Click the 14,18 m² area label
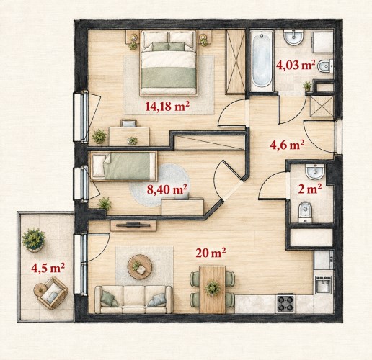coord(166,107)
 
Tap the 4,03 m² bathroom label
coord(296,65)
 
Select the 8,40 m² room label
coord(167,189)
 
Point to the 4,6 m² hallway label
coord(287,145)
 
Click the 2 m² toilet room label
coord(310,189)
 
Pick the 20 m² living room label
coord(211,253)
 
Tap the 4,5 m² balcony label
coord(48,268)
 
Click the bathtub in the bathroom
coord(261,60)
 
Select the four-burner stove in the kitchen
coord(285,303)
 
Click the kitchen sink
coord(324,285)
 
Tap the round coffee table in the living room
coord(140,267)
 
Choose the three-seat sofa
coord(133,300)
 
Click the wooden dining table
coord(213,289)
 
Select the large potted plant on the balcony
coord(34,240)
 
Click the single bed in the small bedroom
coord(124,166)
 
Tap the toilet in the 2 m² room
coord(305,212)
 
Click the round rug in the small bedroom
coord(159,185)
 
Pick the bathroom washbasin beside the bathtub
coord(293,37)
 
